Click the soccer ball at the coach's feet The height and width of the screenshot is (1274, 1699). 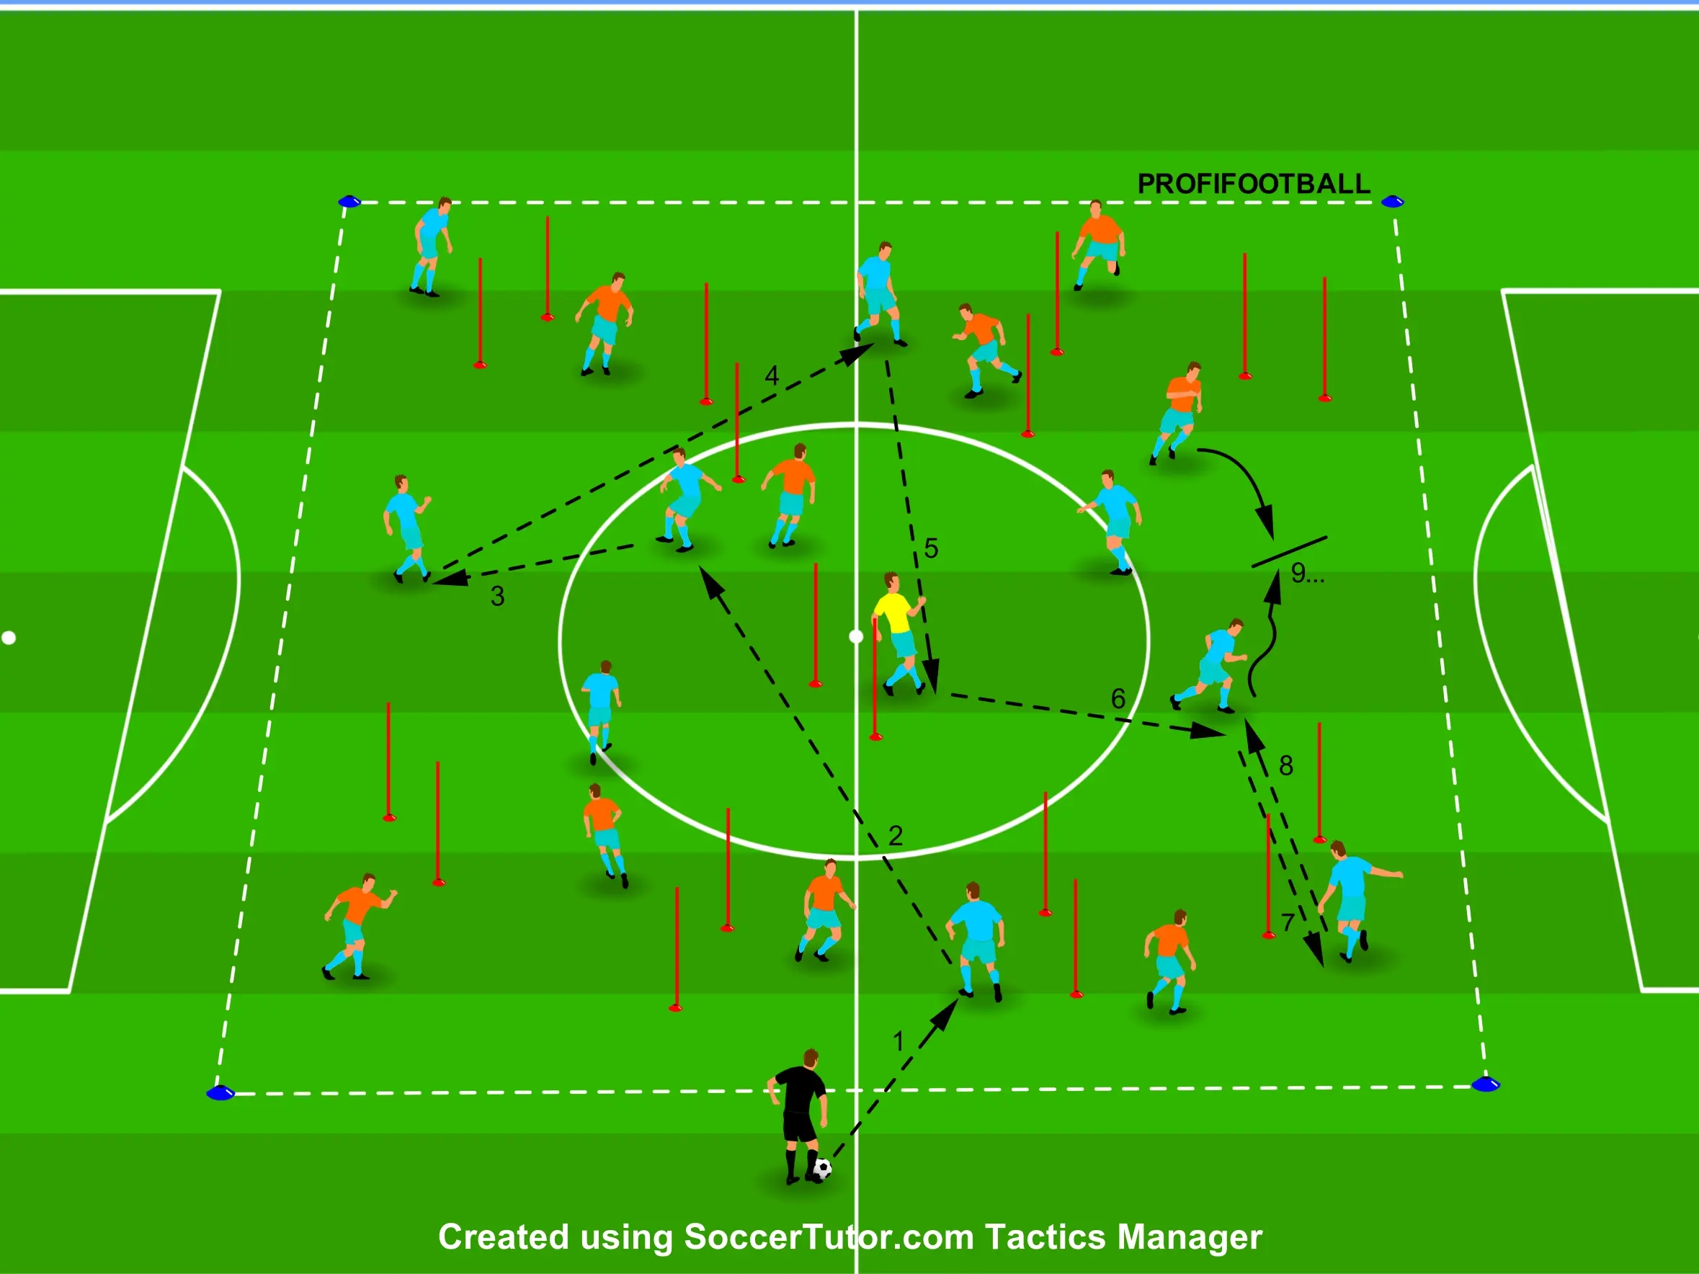[823, 1169]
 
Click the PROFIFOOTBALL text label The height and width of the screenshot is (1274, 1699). [1254, 184]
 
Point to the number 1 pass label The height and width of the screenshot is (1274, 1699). [898, 1041]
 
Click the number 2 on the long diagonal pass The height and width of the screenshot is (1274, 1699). [896, 835]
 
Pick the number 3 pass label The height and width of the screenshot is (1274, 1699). [498, 597]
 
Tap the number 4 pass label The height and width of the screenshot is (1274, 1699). [772, 375]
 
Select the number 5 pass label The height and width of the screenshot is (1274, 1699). [931, 548]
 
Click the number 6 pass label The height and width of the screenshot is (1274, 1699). [1118, 699]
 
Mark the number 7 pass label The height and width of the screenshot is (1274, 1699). [1288, 922]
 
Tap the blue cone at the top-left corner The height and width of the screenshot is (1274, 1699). [349, 202]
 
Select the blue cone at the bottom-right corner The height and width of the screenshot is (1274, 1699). [1486, 1084]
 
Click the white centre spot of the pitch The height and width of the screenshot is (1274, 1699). [857, 636]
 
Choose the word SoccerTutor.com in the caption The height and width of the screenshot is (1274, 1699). [829, 1237]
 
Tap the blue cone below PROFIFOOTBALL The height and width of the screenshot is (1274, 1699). [1393, 202]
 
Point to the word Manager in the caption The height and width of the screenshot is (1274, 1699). [1189, 1237]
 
